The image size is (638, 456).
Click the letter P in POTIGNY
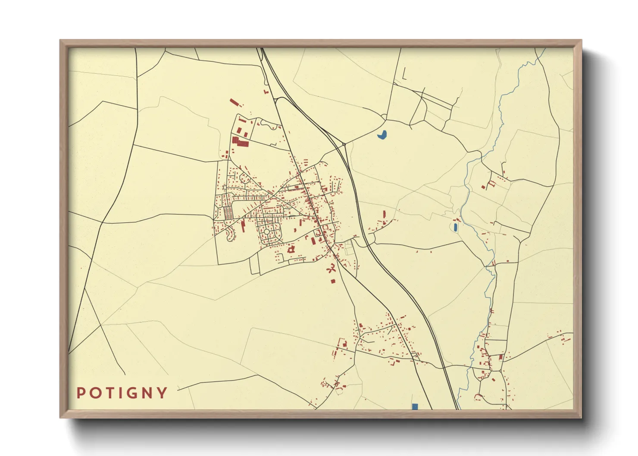click(x=81, y=393)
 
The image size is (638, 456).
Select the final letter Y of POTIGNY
click(x=163, y=393)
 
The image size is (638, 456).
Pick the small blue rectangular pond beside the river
click(x=455, y=227)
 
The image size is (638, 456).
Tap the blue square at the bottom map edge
click(x=415, y=406)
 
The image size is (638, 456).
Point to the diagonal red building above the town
click(x=234, y=103)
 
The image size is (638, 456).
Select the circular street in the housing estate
click(x=267, y=232)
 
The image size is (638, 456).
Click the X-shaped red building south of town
click(x=331, y=270)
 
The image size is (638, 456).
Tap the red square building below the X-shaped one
click(x=333, y=281)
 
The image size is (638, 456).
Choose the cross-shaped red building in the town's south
click(x=291, y=249)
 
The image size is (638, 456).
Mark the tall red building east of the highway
click(x=384, y=214)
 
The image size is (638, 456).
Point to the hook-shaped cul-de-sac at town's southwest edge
click(x=230, y=235)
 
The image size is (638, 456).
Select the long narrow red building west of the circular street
click(x=243, y=226)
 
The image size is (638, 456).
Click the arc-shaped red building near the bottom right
click(x=477, y=396)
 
